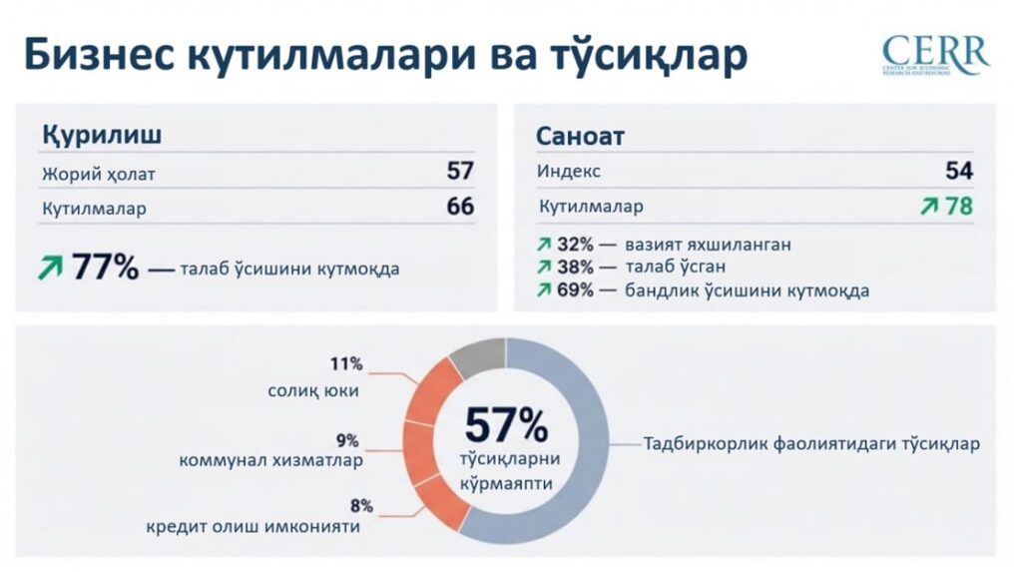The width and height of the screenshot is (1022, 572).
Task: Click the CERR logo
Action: pos(935,54)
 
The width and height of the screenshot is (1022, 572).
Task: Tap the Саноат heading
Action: pos(580,136)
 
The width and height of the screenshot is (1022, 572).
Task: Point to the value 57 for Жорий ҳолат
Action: pos(460,172)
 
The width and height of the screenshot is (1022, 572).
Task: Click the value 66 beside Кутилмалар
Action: pos(460,208)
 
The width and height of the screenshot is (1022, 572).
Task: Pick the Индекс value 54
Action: pos(959,171)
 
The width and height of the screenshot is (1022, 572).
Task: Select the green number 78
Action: pos(959,207)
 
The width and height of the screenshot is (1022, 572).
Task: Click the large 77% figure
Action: pos(105,269)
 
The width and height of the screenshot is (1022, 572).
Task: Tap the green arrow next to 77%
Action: pos(50,268)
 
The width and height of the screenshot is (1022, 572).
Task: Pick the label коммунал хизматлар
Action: pos(270,461)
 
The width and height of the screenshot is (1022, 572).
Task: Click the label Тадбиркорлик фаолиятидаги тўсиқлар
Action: pos(810,443)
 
